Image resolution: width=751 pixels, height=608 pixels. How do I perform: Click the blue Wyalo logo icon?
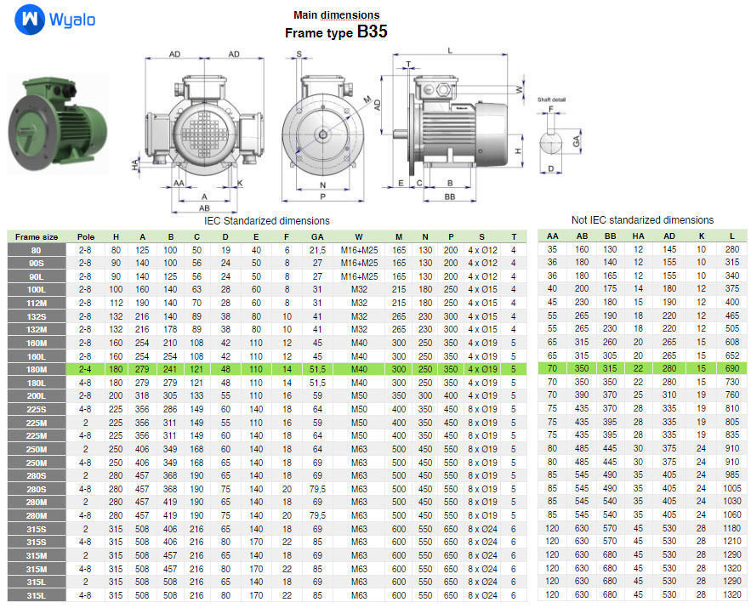pos(30,19)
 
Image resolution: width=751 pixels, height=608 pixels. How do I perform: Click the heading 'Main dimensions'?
pos(336,15)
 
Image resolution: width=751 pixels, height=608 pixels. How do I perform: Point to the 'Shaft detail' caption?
pos(551,99)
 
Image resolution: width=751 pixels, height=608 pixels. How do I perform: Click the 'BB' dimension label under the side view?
pos(450,196)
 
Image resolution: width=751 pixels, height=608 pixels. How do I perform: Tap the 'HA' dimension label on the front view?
pos(136,164)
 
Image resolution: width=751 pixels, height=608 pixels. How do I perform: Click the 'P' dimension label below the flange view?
pos(322,196)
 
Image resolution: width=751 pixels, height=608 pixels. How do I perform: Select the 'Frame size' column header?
pos(37,236)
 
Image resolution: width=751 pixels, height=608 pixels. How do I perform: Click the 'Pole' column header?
pos(86,236)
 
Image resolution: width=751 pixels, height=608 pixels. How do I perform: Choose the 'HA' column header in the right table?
pos(639,236)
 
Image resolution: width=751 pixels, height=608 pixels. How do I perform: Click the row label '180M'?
pos(37,368)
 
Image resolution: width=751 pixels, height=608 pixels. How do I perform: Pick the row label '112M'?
pos(37,303)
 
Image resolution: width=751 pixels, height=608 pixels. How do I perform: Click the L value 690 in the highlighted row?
pos(731,368)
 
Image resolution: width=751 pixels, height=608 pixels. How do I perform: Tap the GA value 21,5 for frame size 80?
pos(317,250)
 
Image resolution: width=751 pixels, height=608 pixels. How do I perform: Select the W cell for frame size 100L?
pos(359,289)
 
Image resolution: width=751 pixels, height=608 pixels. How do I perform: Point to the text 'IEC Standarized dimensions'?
pos(266,220)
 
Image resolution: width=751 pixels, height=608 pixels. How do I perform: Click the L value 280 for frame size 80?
pos(731,250)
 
